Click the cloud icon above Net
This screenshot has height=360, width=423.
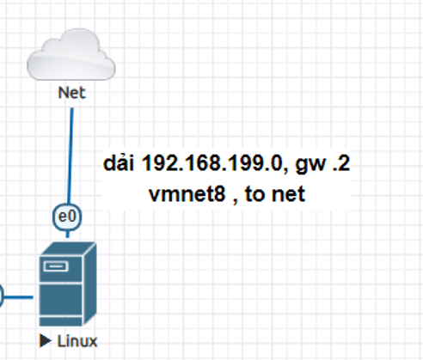pyautogui.click(x=71, y=54)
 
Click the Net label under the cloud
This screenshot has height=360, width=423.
pyautogui.click(x=71, y=93)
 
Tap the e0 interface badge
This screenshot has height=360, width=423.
pyautogui.click(x=67, y=217)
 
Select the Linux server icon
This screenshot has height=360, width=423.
pyautogui.click(x=68, y=284)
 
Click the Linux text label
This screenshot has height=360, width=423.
pyautogui.click(x=77, y=341)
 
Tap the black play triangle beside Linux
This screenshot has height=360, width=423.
pyautogui.click(x=46, y=341)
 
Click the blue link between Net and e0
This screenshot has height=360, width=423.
pyautogui.click(x=70, y=156)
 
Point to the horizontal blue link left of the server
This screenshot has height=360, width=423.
pyautogui.click(x=18, y=297)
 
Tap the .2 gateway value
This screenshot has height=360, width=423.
pyautogui.click(x=341, y=163)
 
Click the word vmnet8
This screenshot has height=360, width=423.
pyautogui.click(x=187, y=194)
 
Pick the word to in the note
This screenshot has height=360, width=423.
pyautogui.click(x=254, y=194)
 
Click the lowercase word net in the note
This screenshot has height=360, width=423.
pyautogui.click(x=288, y=194)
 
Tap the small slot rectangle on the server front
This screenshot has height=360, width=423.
pyautogui.click(x=56, y=266)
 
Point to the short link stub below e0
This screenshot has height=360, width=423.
pyautogui.click(x=68, y=234)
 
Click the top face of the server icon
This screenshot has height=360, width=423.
pyautogui.click(x=68, y=249)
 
